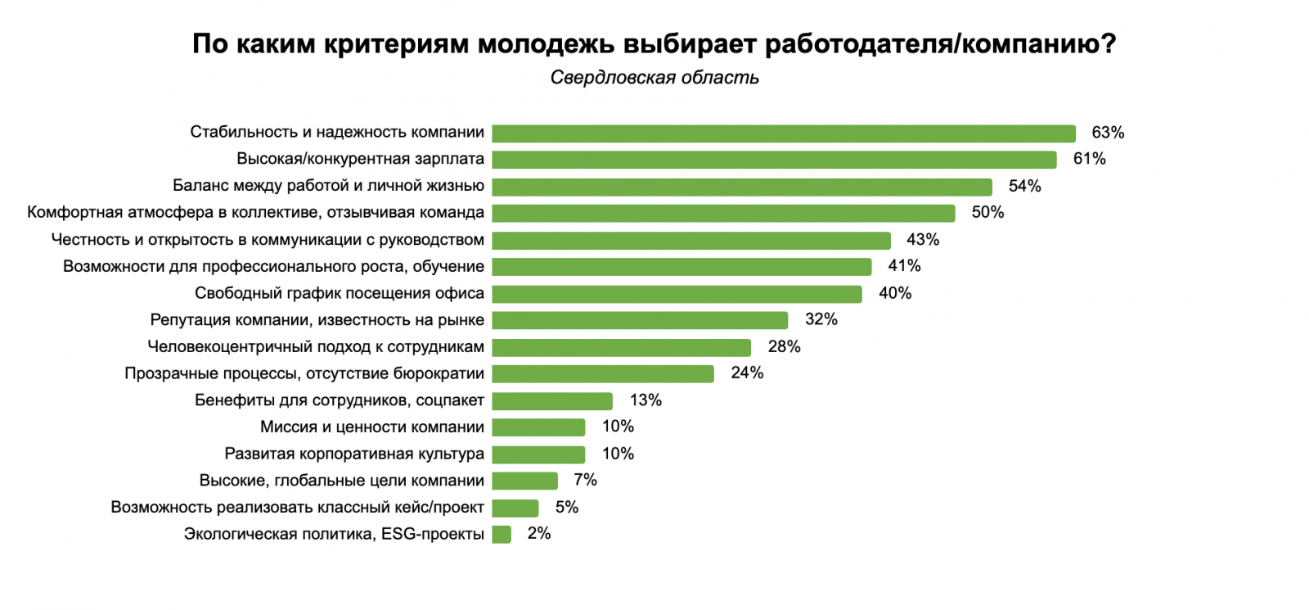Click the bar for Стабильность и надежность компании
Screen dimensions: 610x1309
point(784,133)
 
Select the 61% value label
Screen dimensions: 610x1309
point(1089,159)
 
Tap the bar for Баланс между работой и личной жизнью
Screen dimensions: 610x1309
point(742,187)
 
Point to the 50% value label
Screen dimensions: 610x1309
point(987,213)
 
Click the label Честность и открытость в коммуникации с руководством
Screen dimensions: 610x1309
point(268,240)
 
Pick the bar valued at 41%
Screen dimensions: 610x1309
point(681,267)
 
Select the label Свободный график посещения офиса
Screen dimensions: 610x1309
point(339,293)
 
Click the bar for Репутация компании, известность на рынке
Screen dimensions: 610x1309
point(640,320)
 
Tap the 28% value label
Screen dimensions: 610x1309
point(784,347)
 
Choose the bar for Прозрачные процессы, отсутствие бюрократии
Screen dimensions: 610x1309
point(603,374)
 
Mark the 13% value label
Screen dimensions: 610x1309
point(646,400)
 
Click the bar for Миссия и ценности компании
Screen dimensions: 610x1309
point(538,427)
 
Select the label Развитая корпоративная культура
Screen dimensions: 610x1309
point(354,454)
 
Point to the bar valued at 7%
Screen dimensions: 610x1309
point(524,481)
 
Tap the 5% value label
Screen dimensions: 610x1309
point(567,508)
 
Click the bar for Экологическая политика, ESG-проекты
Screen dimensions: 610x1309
point(502,535)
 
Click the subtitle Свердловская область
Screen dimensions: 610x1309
point(654,78)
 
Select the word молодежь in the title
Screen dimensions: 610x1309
point(547,43)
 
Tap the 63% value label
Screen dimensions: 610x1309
point(1108,133)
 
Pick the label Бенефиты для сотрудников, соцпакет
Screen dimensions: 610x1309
point(339,400)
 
